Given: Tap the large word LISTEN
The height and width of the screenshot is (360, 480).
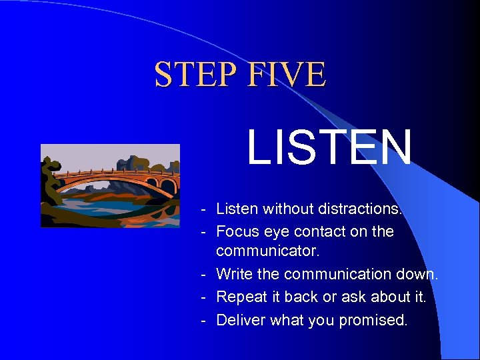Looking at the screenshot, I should point(329,148).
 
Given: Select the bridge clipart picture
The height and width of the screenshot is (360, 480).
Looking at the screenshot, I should point(110,186).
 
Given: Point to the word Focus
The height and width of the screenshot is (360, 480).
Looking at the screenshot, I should point(237,231).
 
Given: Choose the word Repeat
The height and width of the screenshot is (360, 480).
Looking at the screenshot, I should point(243,297).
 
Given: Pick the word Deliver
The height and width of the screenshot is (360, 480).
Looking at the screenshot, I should point(241,320).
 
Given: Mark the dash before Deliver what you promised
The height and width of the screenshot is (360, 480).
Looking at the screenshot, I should point(203,321).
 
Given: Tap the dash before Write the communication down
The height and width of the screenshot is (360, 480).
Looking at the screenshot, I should point(203,275).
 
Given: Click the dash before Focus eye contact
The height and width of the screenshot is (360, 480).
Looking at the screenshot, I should point(203,232).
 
